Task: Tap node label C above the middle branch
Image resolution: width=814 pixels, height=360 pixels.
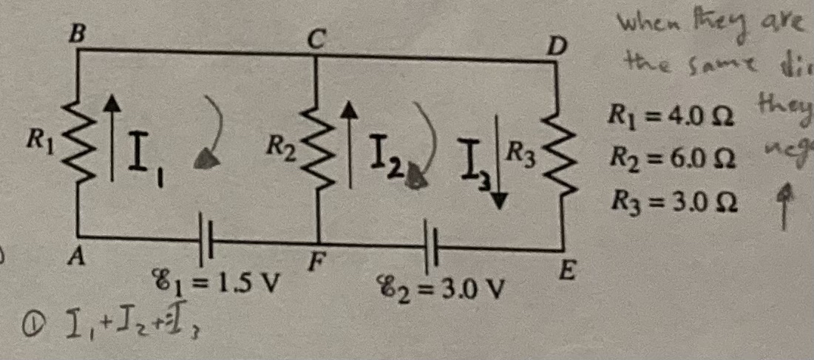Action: (x=316, y=40)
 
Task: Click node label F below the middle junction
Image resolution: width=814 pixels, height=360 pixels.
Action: (x=314, y=261)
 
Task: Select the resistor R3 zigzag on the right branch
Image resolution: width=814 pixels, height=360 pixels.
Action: (x=560, y=156)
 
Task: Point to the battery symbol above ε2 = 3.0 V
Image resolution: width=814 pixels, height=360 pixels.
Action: (x=431, y=246)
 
